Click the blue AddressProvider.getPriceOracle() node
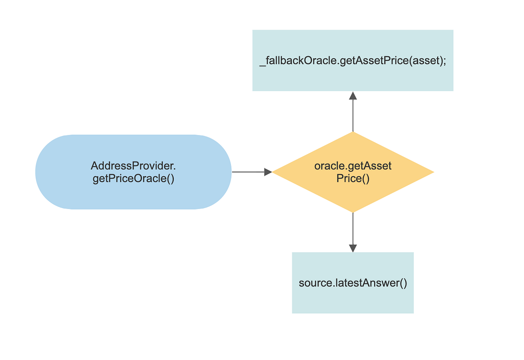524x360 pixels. [133, 172]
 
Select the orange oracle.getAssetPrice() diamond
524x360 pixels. [353, 172]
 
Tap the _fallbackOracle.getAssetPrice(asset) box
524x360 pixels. [353, 60]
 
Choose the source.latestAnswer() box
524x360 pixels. [353, 283]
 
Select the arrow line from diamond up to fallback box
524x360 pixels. [353, 116]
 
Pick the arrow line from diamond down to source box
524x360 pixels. [353, 229]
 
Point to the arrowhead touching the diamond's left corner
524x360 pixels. [268, 172]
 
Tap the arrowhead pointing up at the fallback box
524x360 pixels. [353, 96]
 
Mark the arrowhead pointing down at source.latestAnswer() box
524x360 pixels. [353, 248]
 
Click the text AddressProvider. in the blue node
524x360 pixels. [133, 166]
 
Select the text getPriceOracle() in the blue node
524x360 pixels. [133, 178]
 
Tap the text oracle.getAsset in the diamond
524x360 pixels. [353, 166]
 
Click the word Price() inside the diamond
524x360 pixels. [353, 178]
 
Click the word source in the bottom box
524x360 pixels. [315, 283]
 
